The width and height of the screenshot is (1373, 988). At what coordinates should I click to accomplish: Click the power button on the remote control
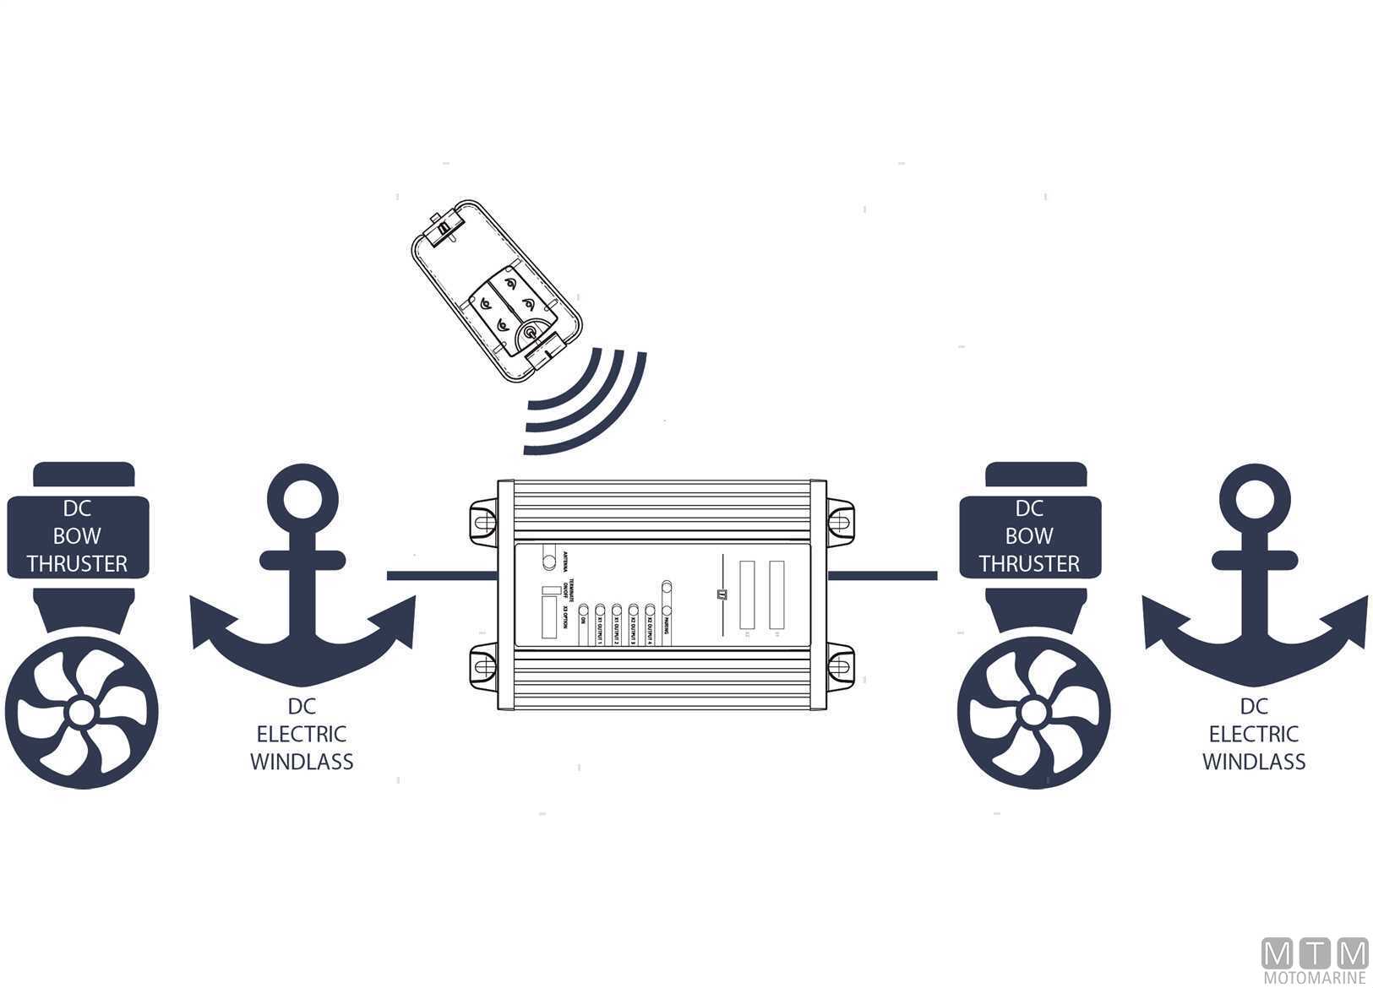(x=529, y=333)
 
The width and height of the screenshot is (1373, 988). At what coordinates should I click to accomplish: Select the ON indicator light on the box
(x=583, y=610)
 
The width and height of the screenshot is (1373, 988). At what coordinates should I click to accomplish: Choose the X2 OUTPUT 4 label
(x=650, y=630)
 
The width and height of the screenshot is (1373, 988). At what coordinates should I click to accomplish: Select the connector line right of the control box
(x=882, y=576)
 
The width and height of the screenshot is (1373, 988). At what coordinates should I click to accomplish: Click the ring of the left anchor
(x=302, y=499)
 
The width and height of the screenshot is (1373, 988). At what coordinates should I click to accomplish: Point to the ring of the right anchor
(x=1254, y=499)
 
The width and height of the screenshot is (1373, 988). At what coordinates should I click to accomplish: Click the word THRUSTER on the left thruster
(x=77, y=563)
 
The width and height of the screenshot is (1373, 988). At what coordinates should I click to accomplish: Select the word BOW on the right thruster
(x=1028, y=535)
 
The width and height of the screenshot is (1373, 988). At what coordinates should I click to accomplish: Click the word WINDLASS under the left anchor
(x=302, y=762)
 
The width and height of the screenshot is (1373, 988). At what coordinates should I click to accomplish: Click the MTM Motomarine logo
(x=1314, y=960)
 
